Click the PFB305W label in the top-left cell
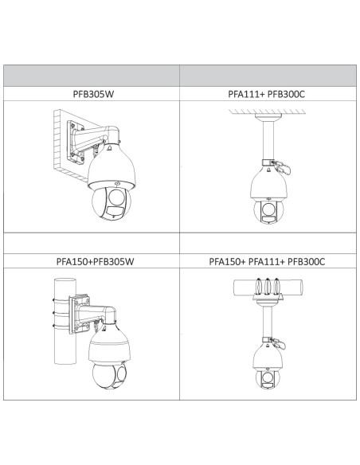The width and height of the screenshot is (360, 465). point(93,94)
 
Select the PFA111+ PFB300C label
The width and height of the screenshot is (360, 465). point(266,94)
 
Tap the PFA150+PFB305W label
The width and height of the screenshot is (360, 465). point(95,261)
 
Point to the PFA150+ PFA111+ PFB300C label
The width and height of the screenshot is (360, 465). point(267,261)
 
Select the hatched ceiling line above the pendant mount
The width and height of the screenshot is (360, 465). point(267,111)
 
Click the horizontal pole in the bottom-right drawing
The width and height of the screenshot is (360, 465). point(268,287)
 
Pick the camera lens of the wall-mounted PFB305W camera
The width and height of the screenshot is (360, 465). point(117,197)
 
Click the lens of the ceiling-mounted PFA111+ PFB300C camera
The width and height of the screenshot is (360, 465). point(268,209)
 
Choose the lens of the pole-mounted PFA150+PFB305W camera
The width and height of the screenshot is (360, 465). point(122,374)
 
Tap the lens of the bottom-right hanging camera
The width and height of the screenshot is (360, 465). point(267,377)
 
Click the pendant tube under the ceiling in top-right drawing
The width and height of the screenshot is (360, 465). point(268,140)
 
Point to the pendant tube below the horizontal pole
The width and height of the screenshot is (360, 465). point(267,322)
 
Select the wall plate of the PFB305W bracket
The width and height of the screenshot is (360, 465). point(75,142)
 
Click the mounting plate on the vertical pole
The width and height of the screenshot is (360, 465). point(79,314)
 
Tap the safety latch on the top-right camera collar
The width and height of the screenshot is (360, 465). point(282,166)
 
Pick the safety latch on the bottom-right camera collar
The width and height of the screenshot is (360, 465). point(279,343)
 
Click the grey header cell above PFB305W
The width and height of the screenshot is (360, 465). point(92,76)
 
